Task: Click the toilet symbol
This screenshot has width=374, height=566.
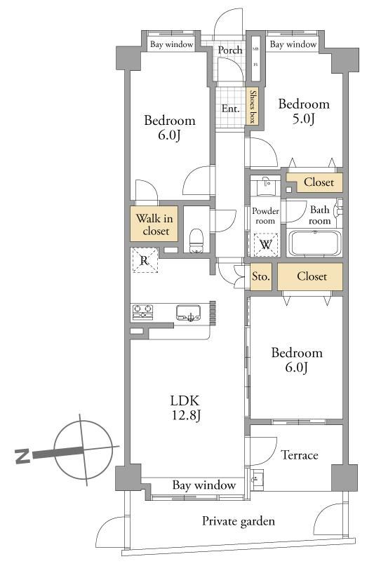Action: coord(196,240)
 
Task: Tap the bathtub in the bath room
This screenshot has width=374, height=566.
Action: coord(314,243)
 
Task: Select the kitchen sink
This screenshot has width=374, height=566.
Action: coord(188,313)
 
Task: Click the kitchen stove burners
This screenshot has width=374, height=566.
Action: coord(142,312)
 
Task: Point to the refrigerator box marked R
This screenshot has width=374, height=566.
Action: coord(145,260)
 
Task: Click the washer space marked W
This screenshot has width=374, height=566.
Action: coord(266,245)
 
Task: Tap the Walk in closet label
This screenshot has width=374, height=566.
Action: coord(155,224)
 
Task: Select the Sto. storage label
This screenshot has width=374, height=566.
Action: coord(260,277)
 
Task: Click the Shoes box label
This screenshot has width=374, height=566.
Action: coord(253,107)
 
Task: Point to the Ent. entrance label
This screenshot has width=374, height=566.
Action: coord(230,108)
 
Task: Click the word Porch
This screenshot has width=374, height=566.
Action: coord(230,50)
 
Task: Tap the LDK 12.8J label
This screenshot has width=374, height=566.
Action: coord(185,408)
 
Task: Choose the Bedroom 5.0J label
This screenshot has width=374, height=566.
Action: coord(304,112)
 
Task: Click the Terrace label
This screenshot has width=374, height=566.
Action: coord(300,455)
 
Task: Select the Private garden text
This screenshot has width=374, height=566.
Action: coord(239,521)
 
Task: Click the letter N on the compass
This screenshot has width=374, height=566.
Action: coord(22,456)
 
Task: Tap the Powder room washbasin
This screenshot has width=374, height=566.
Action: coord(266,186)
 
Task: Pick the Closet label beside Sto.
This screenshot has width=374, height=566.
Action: coord(312,276)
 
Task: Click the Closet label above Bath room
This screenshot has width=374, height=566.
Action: coord(319,182)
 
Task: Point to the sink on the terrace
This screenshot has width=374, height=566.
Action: coord(257,480)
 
